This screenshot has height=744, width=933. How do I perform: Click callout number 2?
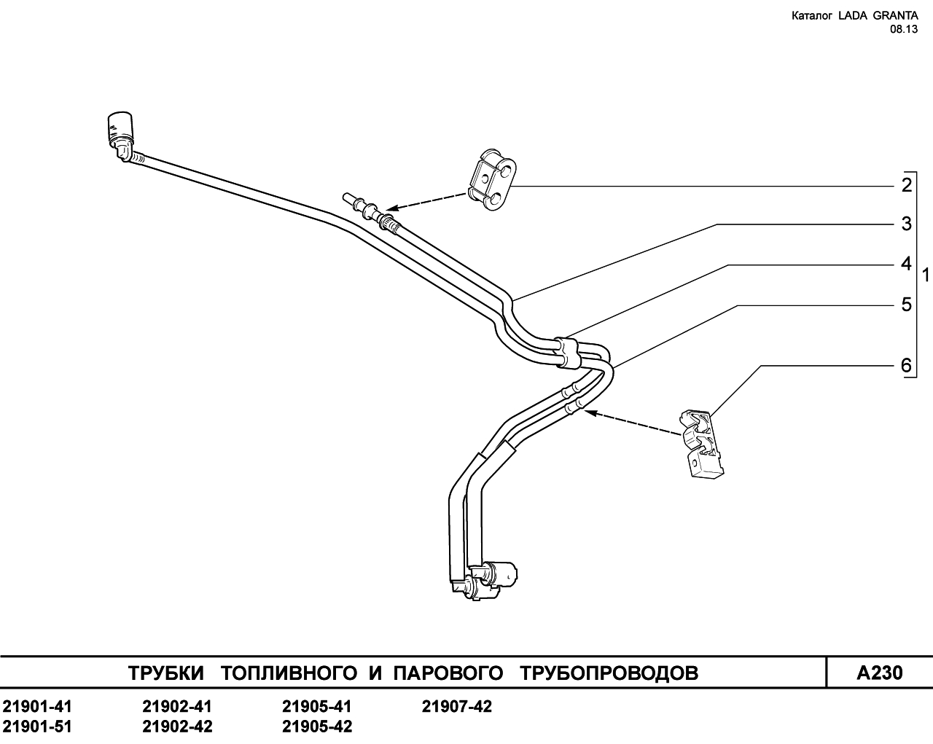point(907,186)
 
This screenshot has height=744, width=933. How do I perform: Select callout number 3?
point(907,224)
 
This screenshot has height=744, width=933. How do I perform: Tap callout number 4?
point(906,264)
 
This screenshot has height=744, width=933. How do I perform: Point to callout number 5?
point(907,305)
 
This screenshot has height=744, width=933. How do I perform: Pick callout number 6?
point(907,366)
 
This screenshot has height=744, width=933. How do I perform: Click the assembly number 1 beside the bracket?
point(926,275)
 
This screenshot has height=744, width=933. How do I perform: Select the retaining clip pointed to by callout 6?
point(701,444)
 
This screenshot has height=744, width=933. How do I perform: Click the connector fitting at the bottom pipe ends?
point(485,582)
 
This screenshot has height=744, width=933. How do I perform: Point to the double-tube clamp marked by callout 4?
point(567,352)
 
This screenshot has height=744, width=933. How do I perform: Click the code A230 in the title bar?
point(880,673)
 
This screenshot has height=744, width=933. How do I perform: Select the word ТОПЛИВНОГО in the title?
point(289,673)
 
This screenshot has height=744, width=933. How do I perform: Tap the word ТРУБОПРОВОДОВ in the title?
point(609,673)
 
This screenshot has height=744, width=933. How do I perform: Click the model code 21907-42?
point(457,707)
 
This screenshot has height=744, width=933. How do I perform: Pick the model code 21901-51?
point(37,727)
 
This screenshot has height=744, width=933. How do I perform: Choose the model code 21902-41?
point(177,707)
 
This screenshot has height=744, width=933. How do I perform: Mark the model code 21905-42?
point(317,727)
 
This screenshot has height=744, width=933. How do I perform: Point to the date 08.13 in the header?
point(904,29)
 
